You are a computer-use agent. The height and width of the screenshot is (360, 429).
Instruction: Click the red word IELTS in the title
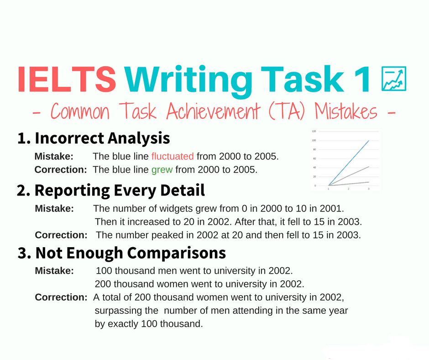67,79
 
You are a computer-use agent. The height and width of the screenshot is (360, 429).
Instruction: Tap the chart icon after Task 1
394,79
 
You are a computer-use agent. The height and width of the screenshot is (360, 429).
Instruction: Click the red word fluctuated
173,156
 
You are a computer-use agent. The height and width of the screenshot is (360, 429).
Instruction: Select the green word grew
162,170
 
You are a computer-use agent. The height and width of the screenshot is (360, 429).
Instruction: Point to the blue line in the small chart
349,163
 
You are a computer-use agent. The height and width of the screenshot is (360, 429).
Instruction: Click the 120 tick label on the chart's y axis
314,131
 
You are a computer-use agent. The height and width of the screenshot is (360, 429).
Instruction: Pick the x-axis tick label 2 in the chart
348,189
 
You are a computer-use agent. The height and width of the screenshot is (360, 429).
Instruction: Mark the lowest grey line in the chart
349,184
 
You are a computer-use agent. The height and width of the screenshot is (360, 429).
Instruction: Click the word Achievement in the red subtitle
213,111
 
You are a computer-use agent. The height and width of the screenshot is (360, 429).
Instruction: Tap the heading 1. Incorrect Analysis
94,138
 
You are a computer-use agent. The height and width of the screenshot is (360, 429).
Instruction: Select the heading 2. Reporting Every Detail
111,190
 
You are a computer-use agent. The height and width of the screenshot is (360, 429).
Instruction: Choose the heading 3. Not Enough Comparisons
122,253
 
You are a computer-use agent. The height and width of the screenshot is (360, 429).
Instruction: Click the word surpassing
126,311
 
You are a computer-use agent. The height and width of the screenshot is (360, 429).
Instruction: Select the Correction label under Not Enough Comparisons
61,297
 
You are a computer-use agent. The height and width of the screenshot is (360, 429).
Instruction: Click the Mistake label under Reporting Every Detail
54,208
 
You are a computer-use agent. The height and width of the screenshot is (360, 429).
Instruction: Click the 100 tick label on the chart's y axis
314,140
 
